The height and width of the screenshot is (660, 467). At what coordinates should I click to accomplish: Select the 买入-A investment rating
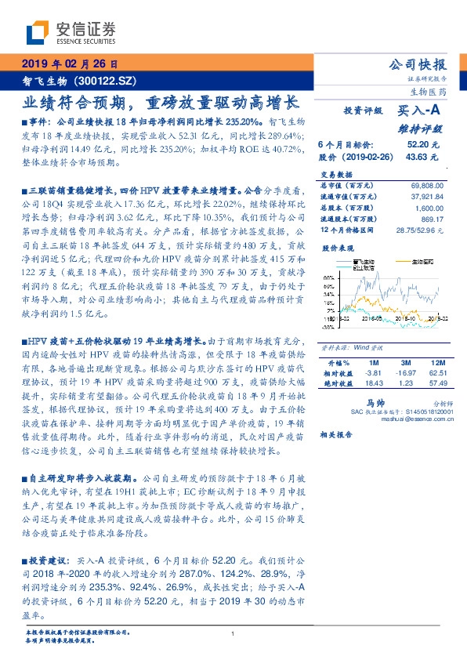click(x=421, y=112)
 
